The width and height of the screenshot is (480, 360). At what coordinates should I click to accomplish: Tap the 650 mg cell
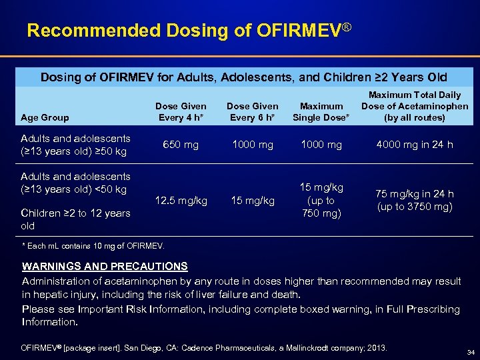181,145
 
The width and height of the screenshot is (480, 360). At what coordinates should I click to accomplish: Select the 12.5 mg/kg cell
181,201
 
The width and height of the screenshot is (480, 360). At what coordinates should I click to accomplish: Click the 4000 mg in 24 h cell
415,145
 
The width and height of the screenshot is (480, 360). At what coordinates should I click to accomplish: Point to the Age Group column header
45,118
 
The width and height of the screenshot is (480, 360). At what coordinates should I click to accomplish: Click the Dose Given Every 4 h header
181,112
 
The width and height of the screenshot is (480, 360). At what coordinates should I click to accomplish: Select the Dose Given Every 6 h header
253,112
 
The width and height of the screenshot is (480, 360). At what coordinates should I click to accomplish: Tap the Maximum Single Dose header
321,112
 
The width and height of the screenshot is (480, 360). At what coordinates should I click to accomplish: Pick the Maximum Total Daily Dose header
415,106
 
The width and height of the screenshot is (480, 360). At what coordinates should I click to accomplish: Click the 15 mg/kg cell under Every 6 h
253,201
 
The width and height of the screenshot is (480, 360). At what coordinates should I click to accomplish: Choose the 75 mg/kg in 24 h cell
415,200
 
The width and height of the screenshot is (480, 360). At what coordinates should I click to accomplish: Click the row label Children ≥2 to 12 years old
75,219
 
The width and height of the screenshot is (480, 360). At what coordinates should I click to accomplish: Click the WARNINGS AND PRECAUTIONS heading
105,267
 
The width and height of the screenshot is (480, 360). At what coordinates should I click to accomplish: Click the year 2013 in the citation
376,348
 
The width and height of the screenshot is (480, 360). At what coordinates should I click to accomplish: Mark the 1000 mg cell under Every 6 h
253,145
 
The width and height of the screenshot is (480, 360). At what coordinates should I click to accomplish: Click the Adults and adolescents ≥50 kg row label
75,145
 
